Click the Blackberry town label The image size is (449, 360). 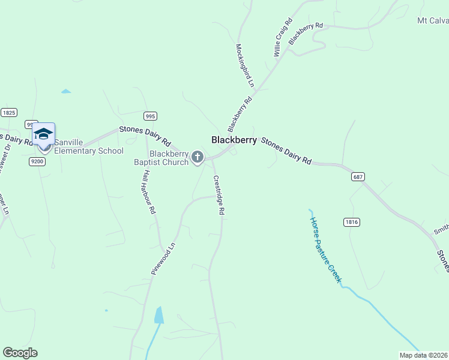234,140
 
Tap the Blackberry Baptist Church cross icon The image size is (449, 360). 197,158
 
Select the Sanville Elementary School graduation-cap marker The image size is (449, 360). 44,134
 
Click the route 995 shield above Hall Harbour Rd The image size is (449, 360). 150,116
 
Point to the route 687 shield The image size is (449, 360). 358,177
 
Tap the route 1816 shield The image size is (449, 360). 352,222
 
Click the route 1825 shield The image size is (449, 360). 9,112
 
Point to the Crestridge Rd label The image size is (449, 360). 219,195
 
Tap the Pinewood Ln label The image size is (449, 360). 163,259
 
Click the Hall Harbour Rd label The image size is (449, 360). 149,192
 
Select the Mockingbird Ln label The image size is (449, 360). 245,65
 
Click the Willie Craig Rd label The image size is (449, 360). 283,38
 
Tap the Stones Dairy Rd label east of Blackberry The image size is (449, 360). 286,151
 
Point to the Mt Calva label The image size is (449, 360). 432,20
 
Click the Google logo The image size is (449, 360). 20,353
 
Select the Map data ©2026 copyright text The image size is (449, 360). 424,355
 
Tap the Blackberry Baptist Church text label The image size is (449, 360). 161,158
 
